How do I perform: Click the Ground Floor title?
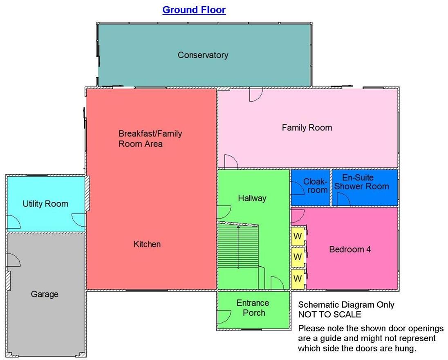coord(194,10)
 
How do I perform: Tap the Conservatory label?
coord(203,55)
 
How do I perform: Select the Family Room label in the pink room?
coord(307,128)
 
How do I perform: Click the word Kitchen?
coord(147,244)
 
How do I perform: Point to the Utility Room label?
coord(45,204)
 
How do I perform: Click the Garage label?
coord(45,294)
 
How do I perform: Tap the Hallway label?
coord(252,198)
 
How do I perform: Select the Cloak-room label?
coord(315,186)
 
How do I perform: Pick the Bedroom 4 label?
coord(350,249)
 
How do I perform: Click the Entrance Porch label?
coord(253,308)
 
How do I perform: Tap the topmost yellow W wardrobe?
coord(298,237)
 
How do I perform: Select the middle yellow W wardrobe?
coord(298,257)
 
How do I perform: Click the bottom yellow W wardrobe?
coord(298,278)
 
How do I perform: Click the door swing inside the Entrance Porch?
coord(223,316)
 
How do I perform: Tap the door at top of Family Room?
coord(255,95)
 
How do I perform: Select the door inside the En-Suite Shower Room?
coord(343,200)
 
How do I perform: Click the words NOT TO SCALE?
coord(329,315)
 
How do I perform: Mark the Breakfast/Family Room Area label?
coord(150,139)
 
